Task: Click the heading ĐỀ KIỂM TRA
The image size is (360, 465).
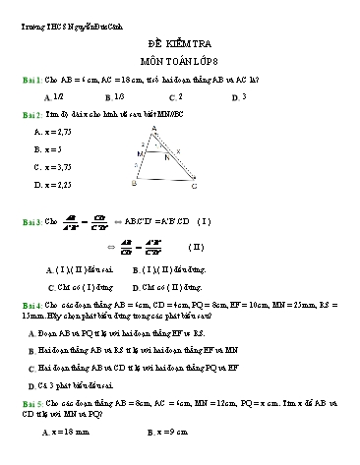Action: pyautogui.click(x=181, y=45)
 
